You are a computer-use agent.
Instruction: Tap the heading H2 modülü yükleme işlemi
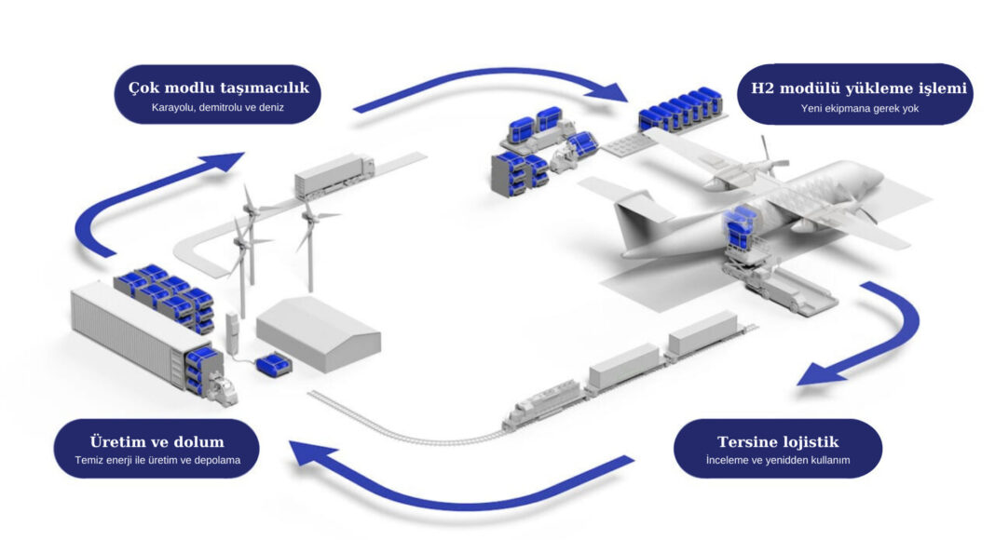[x=852, y=89]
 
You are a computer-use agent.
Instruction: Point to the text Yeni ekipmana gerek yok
[x=852, y=108]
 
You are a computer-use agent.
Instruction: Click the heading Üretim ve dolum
[x=157, y=441]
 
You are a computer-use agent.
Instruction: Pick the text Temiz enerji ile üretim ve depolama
[x=157, y=460]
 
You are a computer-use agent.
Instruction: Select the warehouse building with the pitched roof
[x=318, y=331]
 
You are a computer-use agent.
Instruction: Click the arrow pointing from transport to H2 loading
[x=494, y=87]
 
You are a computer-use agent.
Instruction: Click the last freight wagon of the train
[x=702, y=332]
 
